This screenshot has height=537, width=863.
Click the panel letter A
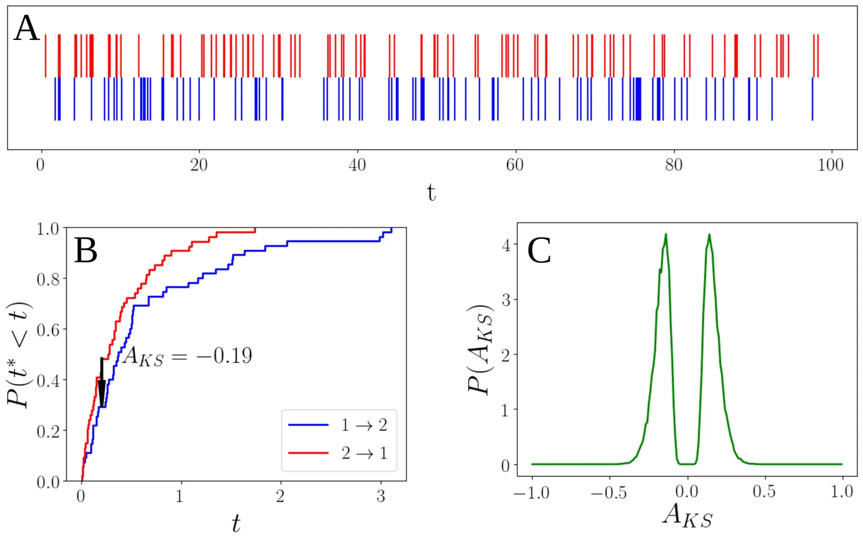pyautogui.click(x=26, y=28)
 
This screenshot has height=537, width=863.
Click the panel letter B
pyautogui.click(x=86, y=251)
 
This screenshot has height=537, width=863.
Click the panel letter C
pyautogui.click(x=539, y=251)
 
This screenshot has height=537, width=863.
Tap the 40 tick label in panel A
pyautogui.click(x=357, y=165)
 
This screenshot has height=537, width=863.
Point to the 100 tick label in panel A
pyautogui.click(x=831, y=165)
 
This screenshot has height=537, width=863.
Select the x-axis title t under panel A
pyautogui.click(x=431, y=192)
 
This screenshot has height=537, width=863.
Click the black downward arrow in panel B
pyautogui.click(x=102, y=383)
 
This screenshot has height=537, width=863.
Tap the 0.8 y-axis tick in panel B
pyautogui.click(x=48, y=279)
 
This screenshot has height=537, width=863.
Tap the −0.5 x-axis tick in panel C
pyautogui.click(x=609, y=492)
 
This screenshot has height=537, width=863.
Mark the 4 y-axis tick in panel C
pyautogui.click(x=506, y=246)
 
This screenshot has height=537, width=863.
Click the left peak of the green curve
pyautogui.click(x=666, y=235)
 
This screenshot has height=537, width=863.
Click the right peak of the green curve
pyautogui.click(x=709, y=235)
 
